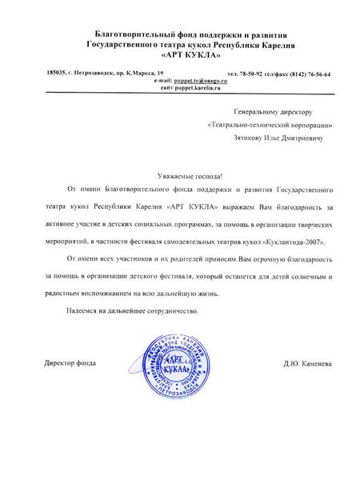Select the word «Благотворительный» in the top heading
pos(130,29)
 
